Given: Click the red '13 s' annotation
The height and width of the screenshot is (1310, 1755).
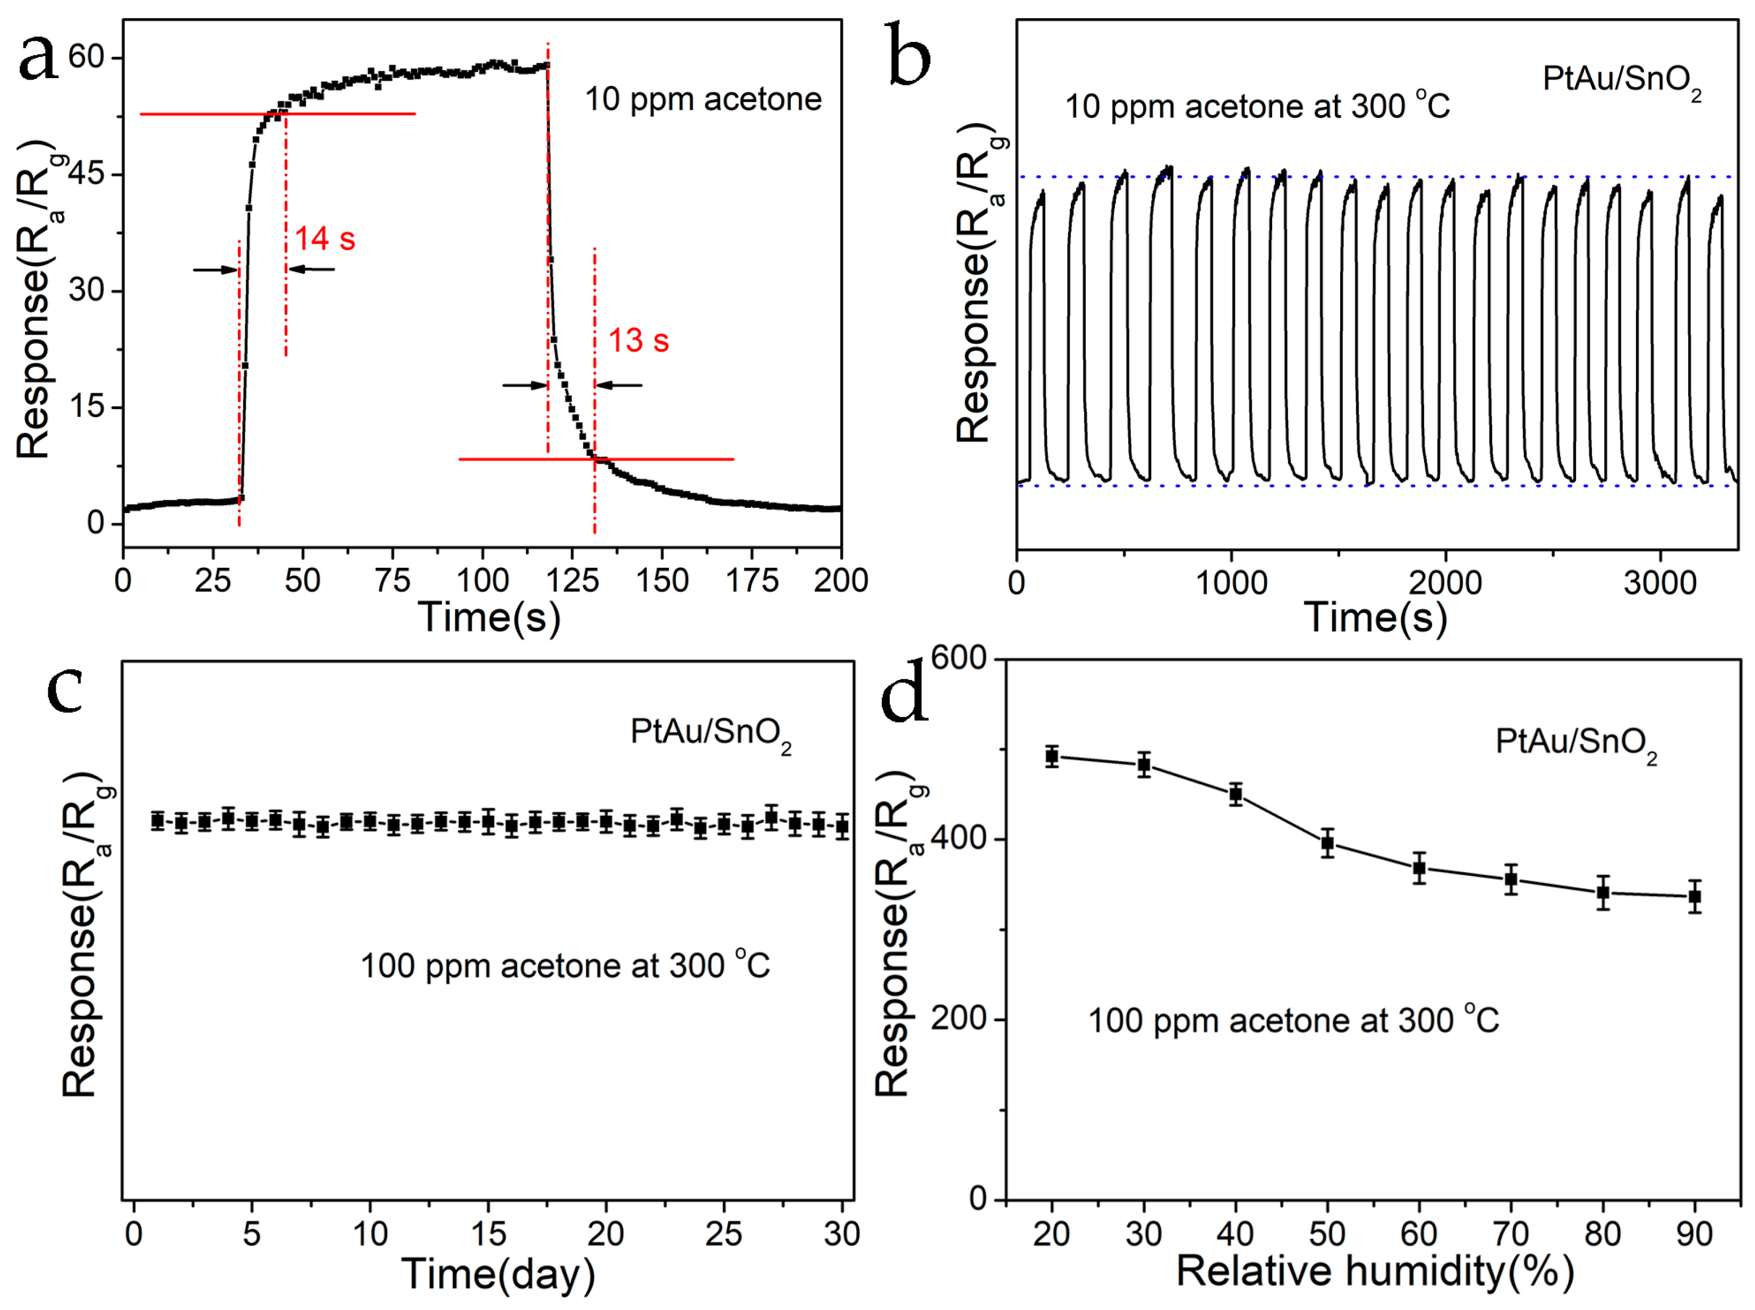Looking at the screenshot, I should pyautogui.click(x=638, y=341).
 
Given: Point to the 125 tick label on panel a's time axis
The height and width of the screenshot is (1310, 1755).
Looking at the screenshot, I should pyautogui.click(x=572, y=581).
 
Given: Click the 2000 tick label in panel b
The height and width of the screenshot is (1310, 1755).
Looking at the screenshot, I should pyautogui.click(x=1445, y=583).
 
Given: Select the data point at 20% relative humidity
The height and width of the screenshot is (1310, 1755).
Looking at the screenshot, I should pyautogui.click(x=1052, y=756).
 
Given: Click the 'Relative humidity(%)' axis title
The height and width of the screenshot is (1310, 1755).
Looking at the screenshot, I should pyautogui.click(x=1374, y=1270).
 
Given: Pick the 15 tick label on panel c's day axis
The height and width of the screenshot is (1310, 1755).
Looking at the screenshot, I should pyautogui.click(x=488, y=1234).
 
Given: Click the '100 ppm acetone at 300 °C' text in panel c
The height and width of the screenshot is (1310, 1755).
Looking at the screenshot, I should pyautogui.click(x=565, y=966).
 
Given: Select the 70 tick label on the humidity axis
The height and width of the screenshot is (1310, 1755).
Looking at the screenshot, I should pyautogui.click(x=1511, y=1234).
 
